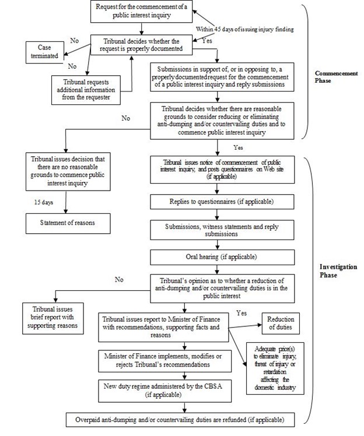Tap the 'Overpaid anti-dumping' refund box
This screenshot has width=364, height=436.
coord(184,419)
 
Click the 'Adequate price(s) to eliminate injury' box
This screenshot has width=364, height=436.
coord(276,367)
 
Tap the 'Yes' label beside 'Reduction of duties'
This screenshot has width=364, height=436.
coord(242,312)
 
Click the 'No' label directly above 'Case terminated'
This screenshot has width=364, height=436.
coord(74,41)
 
